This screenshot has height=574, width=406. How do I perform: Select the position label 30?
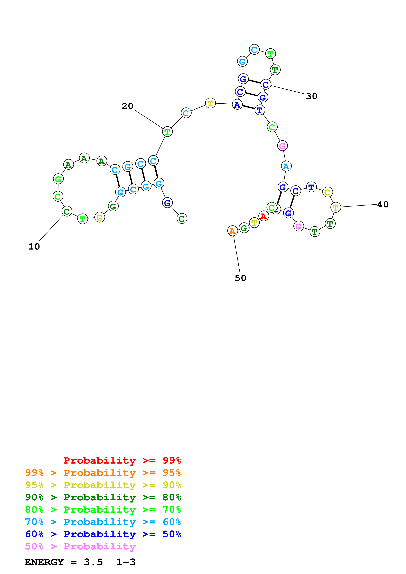pos(312,96)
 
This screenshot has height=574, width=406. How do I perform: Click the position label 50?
pos(240,278)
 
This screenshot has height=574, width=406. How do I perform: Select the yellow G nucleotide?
pos(100,217)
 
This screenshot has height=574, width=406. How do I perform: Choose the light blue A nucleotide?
pos(286,166)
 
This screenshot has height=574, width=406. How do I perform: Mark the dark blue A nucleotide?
pos(237,105)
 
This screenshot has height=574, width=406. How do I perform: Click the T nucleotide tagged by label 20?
pos(167,132)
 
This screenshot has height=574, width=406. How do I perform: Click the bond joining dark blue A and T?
pos(248,107)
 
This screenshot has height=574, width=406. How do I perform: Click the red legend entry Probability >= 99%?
pos(122,460)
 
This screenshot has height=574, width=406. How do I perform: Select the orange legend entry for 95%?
pos(103,473)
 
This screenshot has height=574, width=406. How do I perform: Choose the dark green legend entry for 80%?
pos(103,497)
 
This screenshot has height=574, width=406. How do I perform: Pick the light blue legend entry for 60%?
pos(103,522)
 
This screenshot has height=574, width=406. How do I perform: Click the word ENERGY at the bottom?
pos(44,562)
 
